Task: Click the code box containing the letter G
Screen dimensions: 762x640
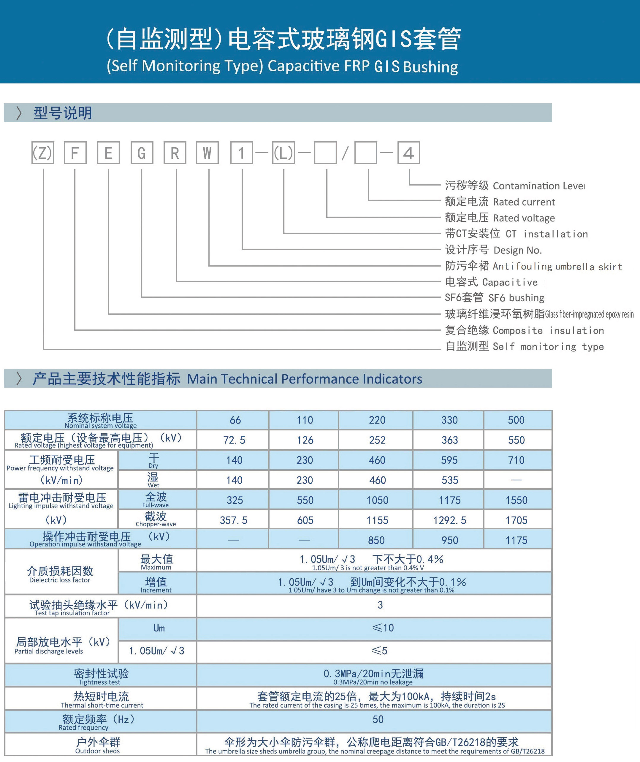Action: click(142, 153)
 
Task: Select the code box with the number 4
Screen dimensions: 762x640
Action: click(409, 153)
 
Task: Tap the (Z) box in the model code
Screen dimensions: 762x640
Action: click(42, 153)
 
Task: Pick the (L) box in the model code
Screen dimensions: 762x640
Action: click(283, 153)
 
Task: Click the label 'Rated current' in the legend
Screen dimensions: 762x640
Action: click(524, 202)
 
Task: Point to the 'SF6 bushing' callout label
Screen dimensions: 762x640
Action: click(516, 298)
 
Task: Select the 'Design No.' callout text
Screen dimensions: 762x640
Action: click(517, 250)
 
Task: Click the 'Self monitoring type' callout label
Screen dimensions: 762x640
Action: click(548, 346)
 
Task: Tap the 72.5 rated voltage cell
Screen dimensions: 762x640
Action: click(234, 440)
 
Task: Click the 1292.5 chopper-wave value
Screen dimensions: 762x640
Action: click(449, 520)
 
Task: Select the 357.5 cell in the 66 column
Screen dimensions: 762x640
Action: click(233, 520)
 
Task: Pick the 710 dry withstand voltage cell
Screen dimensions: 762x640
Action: click(516, 460)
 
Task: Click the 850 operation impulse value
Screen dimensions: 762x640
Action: click(376, 540)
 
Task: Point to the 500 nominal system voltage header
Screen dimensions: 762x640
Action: click(516, 420)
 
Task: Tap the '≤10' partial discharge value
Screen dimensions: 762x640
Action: click(383, 628)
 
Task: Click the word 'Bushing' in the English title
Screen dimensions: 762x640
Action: click(430, 67)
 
